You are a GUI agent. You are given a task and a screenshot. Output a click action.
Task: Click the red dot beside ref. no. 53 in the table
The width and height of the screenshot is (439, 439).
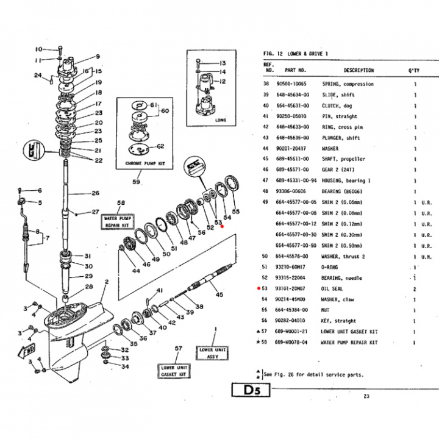(259, 288)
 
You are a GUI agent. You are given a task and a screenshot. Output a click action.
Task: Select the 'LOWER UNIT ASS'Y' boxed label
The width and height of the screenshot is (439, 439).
(213, 353)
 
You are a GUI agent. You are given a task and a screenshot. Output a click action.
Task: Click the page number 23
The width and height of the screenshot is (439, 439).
(366, 397)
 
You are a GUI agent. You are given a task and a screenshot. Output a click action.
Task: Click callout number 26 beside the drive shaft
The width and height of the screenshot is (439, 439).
(95, 193)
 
